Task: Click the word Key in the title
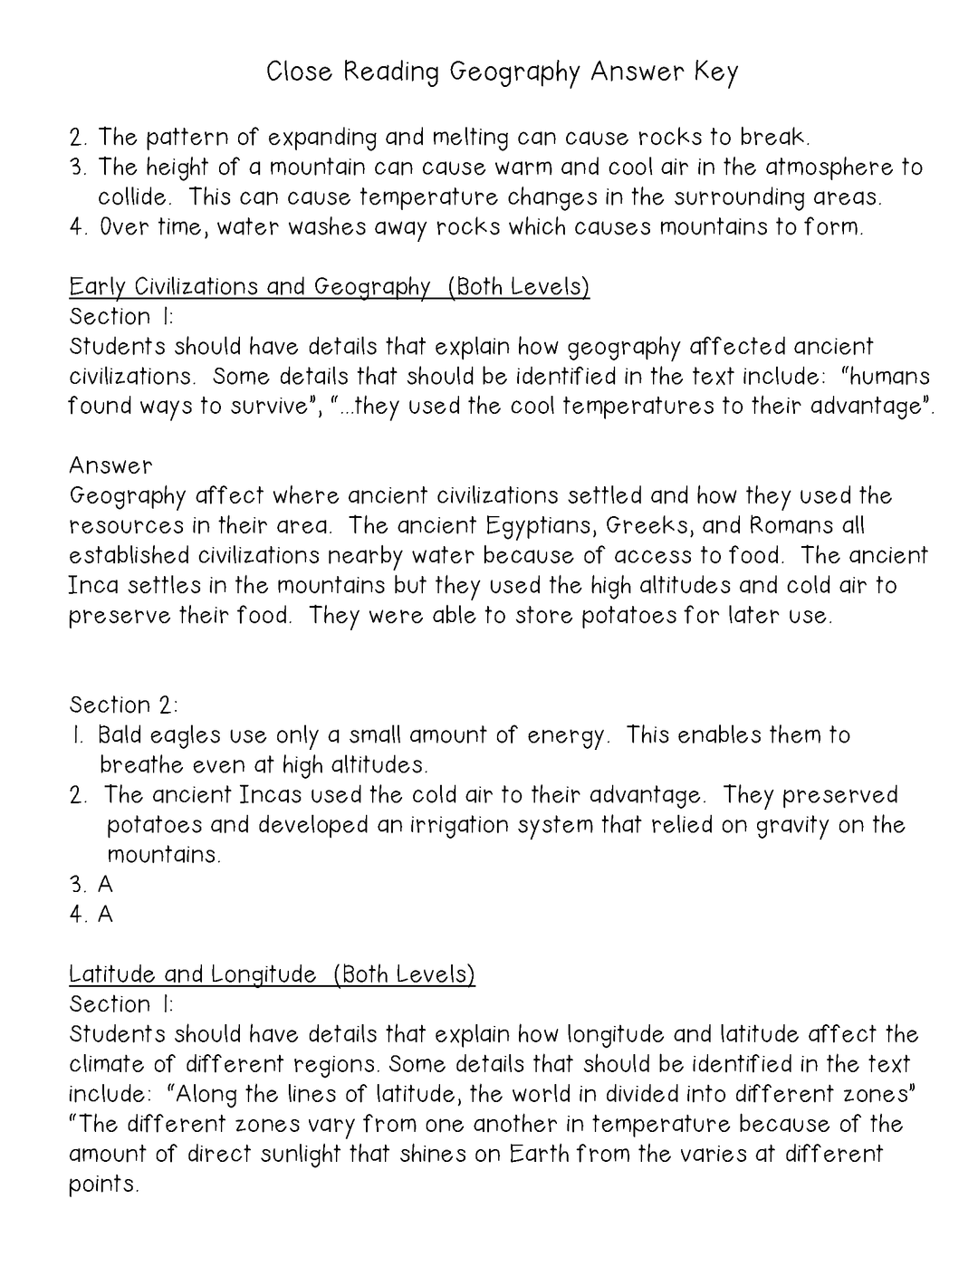click(716, 72)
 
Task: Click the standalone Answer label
click(110, 465)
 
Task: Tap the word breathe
click(141, 764)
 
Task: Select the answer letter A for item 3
click(105, 884)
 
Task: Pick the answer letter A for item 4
click(105, 914)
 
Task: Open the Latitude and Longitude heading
click(272, 974)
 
